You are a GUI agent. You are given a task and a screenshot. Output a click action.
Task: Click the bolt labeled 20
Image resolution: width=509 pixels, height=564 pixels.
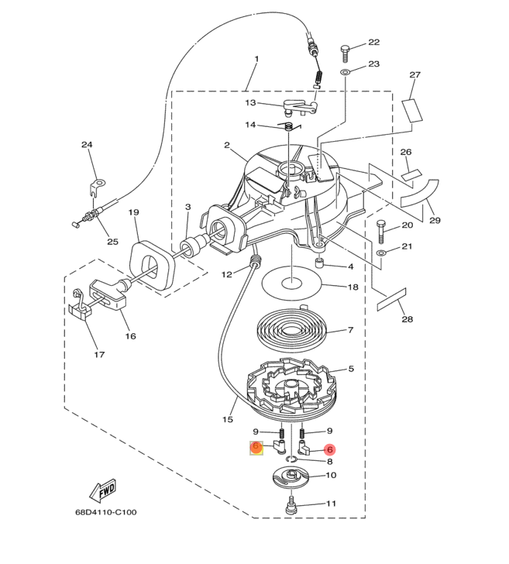(381, 230)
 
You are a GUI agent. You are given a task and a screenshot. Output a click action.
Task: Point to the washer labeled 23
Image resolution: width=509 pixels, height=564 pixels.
(346, 71)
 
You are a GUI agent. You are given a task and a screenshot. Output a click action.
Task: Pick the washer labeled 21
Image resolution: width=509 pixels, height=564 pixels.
(380, 253)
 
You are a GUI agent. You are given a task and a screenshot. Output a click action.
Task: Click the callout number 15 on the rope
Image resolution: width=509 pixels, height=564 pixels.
(228, 419)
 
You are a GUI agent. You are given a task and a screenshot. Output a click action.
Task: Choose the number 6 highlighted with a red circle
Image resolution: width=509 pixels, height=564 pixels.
(329, 449)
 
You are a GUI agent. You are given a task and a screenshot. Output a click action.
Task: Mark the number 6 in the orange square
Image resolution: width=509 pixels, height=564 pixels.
(255, 448)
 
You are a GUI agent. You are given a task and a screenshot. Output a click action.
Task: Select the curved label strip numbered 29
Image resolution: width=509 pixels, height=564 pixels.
(421, 195)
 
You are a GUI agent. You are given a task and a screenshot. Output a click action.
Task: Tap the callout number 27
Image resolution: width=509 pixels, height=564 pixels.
(414, 75)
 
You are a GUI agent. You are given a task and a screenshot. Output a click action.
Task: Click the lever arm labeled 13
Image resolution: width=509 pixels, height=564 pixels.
(298, 106)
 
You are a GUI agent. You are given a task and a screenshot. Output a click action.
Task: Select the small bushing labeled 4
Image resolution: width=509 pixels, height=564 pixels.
(318, 267)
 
